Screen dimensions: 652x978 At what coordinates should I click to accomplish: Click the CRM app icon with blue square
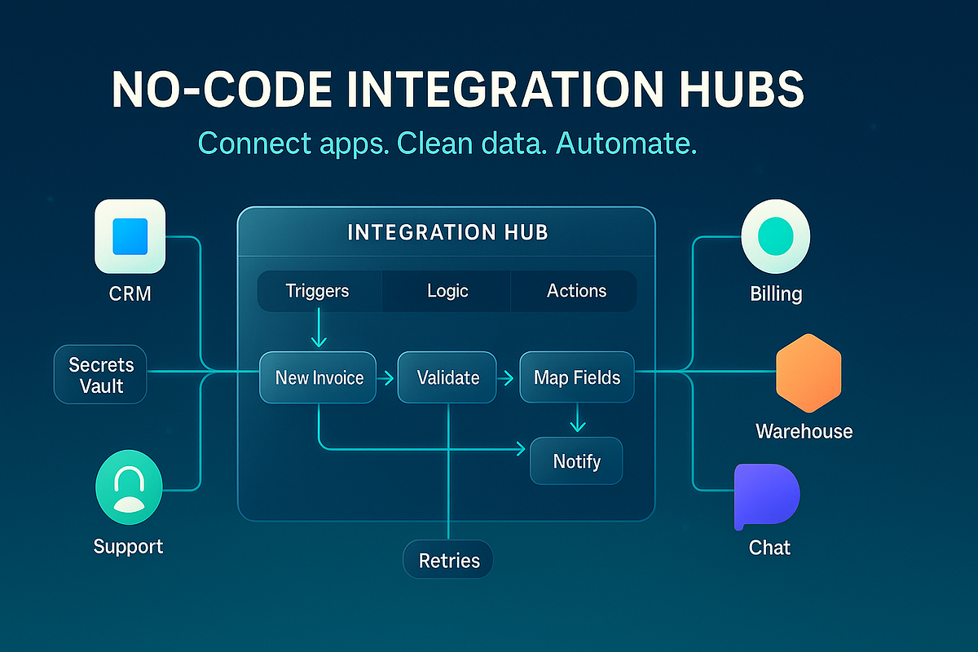click(130, 236)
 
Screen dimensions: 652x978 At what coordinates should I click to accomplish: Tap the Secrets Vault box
click(100, 374)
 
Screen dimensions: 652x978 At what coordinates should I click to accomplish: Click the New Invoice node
click(318, 377)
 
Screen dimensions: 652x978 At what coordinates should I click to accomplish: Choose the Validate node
click(447, 377)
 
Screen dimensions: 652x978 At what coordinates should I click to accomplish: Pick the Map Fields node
click(577, 377)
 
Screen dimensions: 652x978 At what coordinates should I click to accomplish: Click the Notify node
click(576, 461)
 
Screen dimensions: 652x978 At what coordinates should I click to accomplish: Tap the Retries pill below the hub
click(448, 560)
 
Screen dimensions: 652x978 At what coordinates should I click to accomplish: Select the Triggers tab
click(318, 291)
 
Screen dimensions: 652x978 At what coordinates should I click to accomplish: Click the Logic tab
click(447, 291)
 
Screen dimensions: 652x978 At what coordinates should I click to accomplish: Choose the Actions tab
click(576, 291)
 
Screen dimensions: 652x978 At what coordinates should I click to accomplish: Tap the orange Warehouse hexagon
click(807, 377)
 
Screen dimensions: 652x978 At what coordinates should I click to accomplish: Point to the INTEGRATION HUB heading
click(447, 232)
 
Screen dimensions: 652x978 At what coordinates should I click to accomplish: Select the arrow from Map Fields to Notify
click(577, 419)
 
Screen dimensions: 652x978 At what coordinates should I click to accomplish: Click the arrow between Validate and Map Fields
click(507, 378)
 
